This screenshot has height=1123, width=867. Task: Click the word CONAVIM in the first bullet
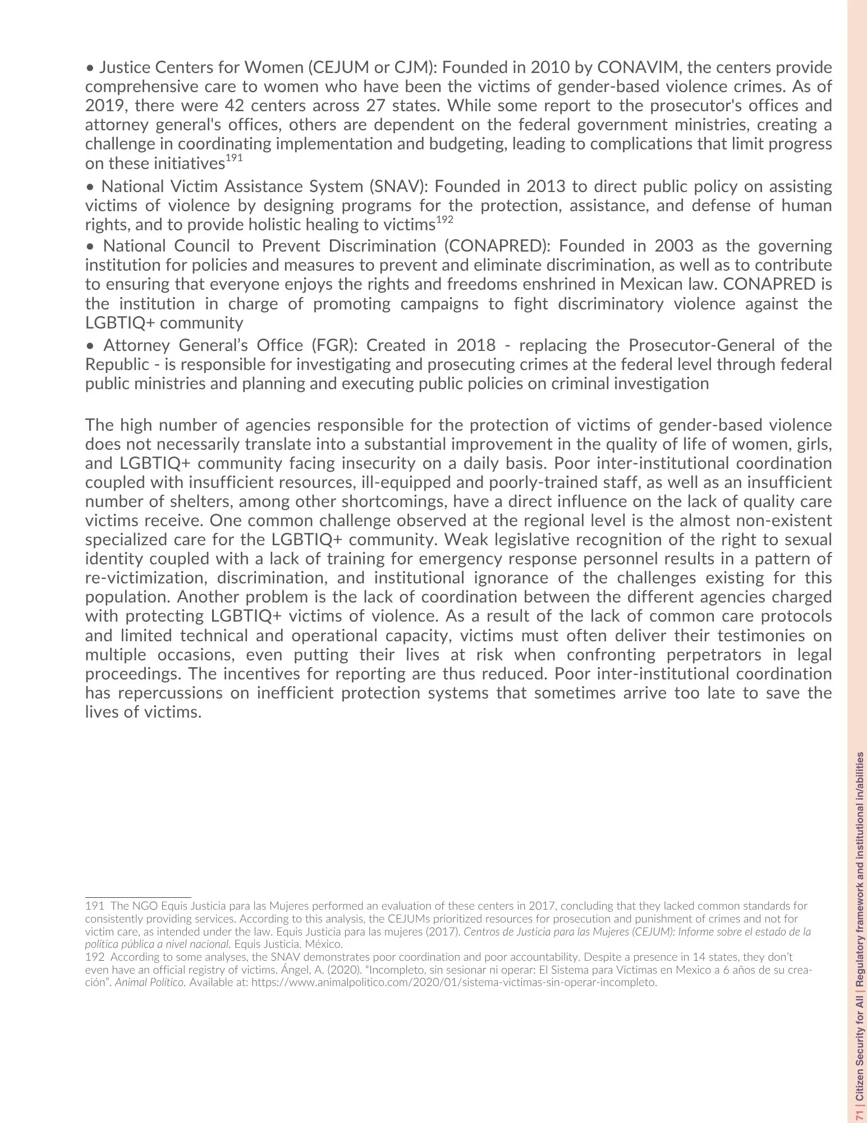click(638, 67)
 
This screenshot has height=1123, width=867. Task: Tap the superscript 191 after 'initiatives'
click(234, 159)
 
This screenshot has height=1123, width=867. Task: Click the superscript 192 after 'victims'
click(444, 221)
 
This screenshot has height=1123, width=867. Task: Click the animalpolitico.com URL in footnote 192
click(454, 983)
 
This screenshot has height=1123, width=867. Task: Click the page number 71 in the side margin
click(859, 1111)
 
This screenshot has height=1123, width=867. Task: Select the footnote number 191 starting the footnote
click(94, 906)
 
